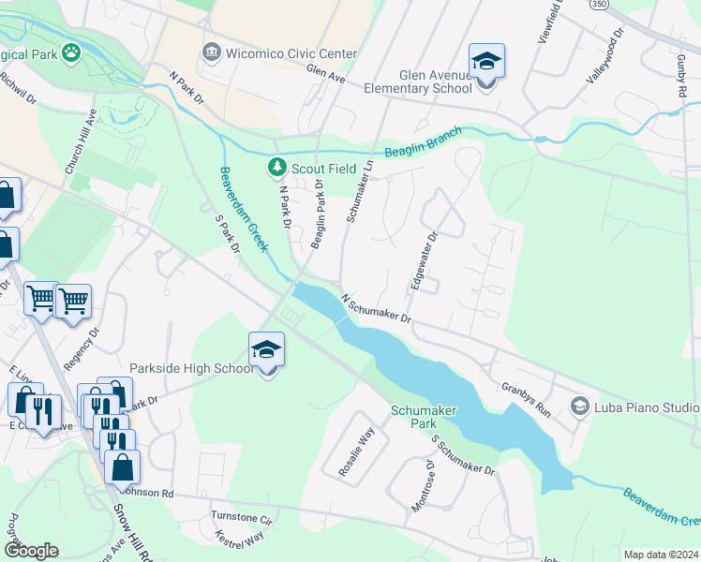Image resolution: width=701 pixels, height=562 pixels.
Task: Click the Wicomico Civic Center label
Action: tap(291, 53)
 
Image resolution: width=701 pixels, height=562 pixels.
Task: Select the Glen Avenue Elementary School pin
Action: tap(486, 64)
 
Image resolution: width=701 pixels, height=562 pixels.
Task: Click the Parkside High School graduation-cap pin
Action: tap(267, 352)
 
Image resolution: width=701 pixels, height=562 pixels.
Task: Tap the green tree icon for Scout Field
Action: tap(276, 169)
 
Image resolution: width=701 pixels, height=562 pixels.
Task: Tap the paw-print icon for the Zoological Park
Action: tap(71, 51)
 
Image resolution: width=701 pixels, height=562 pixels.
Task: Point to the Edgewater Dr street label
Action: tap(419, 261)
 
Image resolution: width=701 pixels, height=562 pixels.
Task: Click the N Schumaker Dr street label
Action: tap(377, 310)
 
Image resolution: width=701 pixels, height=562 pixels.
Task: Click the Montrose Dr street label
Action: tap(423, 485)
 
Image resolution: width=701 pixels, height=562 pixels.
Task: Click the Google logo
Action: tap(31, 550)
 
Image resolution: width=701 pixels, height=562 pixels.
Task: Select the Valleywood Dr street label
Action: tap(604, 57)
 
